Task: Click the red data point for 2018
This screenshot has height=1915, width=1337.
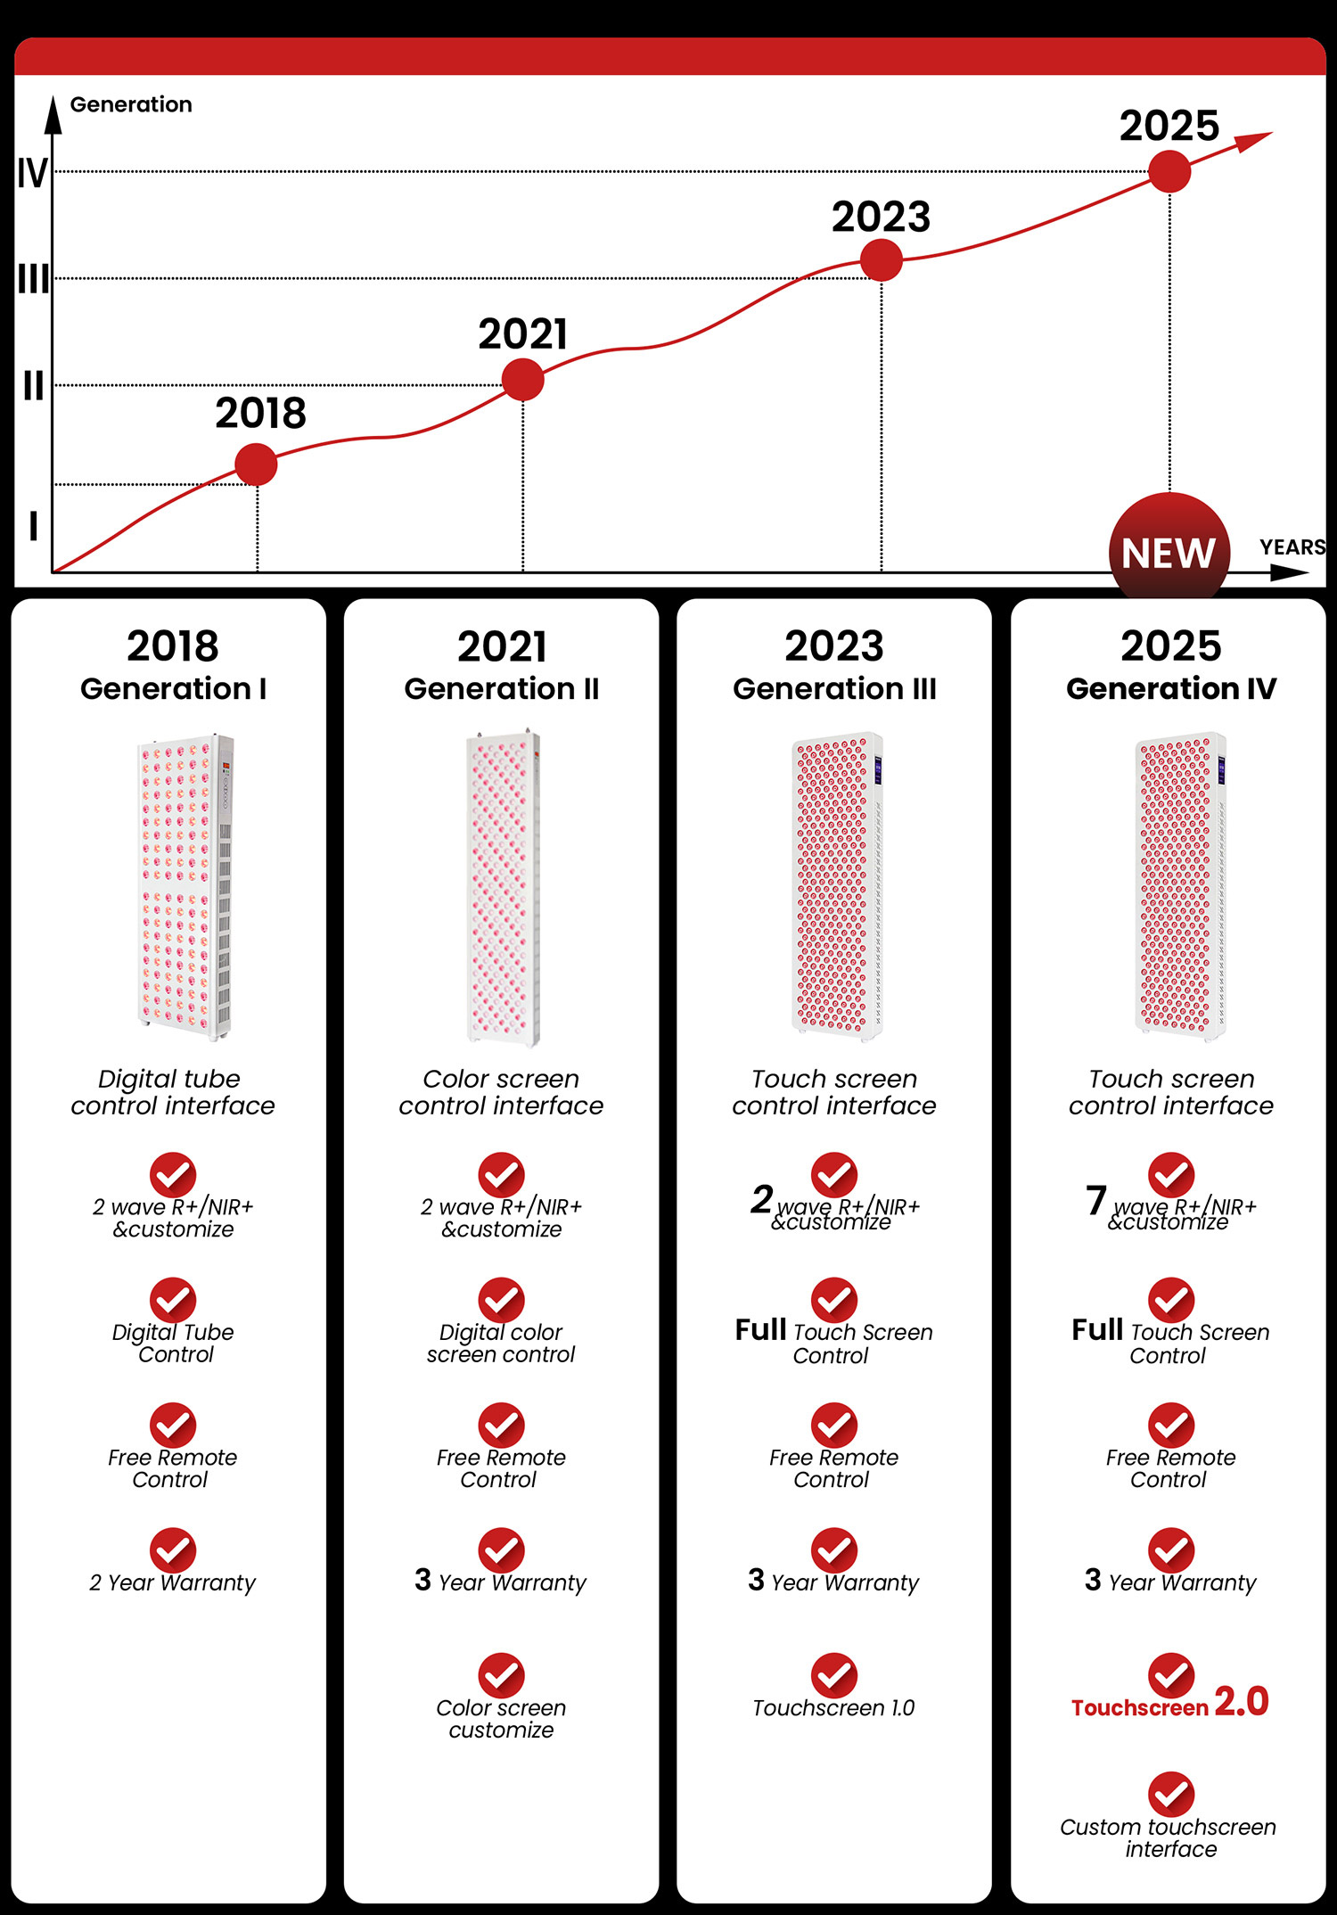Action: click(x=257, y=464)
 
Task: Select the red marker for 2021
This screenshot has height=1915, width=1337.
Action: click(x=523, y=380)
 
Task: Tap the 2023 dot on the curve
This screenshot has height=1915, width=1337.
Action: click(x=882, y=260)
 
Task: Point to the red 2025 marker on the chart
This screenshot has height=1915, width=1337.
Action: click(x=1169, y=171)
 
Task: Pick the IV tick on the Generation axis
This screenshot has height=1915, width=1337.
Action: click(x=32, y=173)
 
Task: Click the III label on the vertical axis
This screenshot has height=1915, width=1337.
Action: click(x=33, y=280)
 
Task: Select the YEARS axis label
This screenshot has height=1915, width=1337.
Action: click(x=1292, y=547)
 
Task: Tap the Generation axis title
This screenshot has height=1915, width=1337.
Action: click(x=131, y=105)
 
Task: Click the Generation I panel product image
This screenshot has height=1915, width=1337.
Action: click(x=185, y=886)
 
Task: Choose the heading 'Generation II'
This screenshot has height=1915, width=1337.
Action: click(x=501, y=689)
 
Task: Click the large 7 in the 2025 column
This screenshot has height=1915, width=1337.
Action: click(x=1096, y=1200)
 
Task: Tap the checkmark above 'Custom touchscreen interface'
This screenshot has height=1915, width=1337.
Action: click(x=1170, y=1794)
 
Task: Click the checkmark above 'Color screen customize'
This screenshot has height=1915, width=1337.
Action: click(x=501, y=1675)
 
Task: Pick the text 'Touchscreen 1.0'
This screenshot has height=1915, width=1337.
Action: click(x=833, y=1708)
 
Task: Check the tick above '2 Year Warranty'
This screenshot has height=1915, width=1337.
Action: click(x=172, y=1550)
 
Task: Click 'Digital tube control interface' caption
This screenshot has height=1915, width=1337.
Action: click(x=173, y=1092)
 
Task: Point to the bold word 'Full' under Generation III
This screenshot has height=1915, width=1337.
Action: click(x=760, y=1330)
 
